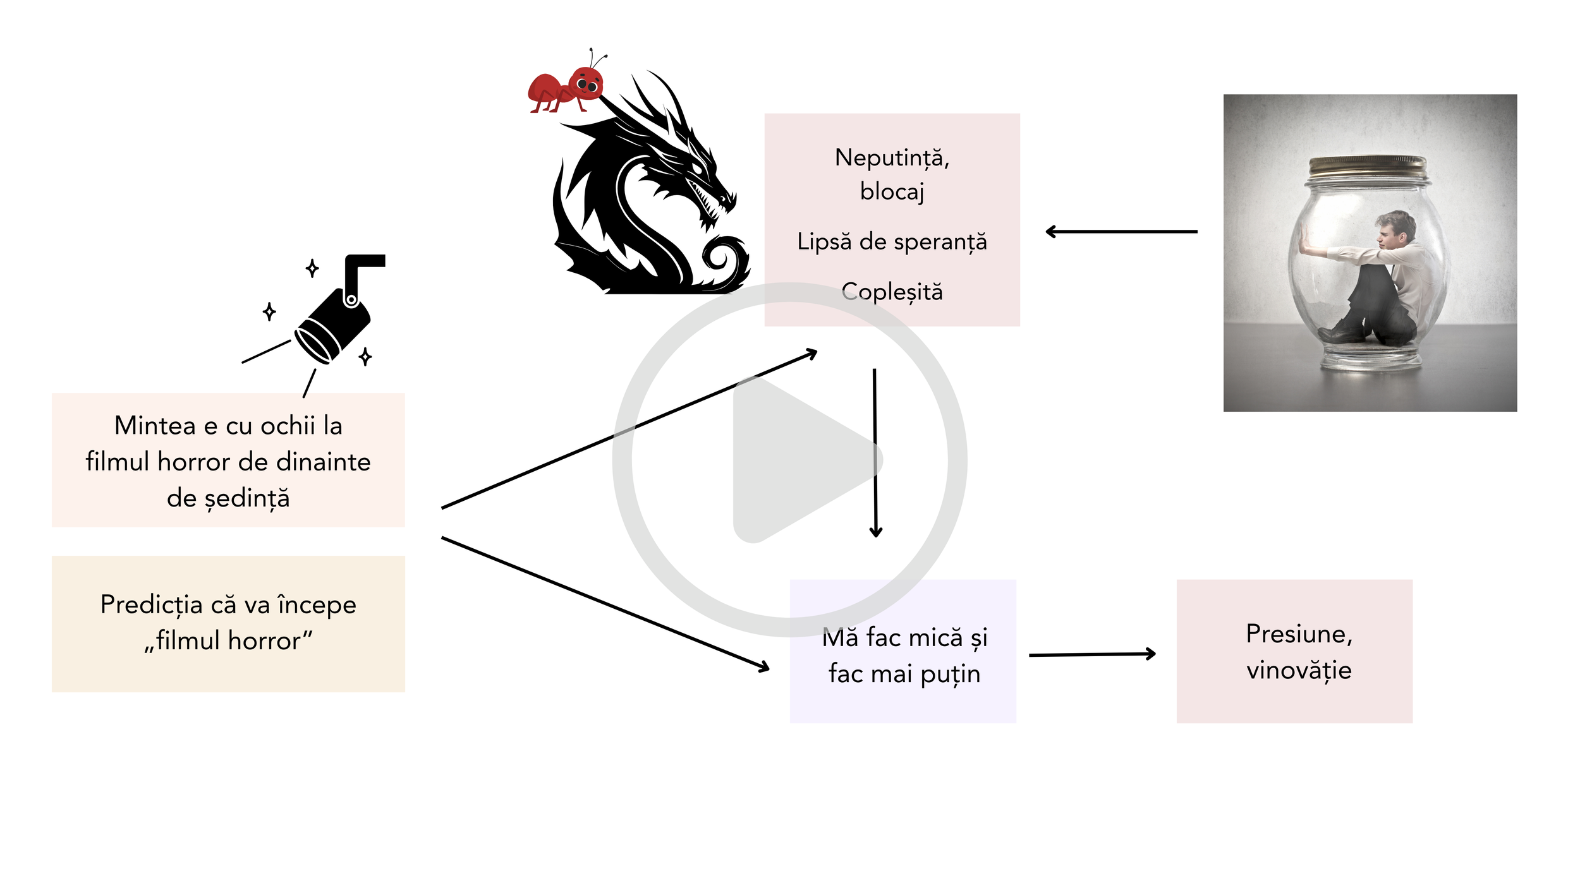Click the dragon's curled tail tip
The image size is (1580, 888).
[x=720, y=256]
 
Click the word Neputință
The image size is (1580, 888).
[x=892, y=158]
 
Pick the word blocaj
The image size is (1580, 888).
[x=892, y=191]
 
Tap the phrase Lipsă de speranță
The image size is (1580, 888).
[x=892, y=242]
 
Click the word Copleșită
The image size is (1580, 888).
[x=892, y=292]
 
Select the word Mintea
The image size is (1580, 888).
[x=155, y=426]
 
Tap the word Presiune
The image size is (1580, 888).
[x=1299, y=634]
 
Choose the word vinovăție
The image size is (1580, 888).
[x=1299, y=671]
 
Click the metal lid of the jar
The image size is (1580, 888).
[x=1367, y=167]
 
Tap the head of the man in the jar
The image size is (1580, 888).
[x=1397, y=231]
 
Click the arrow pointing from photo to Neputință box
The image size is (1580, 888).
[x=1121, y=232]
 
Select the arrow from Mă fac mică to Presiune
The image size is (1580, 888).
[x=1092, y=655]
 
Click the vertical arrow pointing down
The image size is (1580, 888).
[x=875, y=453]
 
